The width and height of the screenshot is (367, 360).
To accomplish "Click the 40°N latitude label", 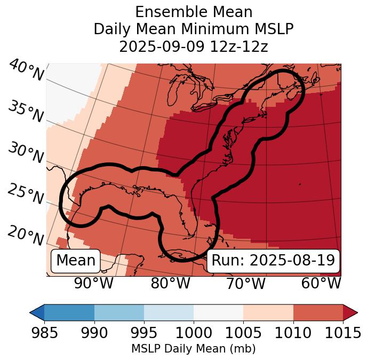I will (x=26, y=71).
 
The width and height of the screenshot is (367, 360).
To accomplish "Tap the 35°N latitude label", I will (x=25, y=112).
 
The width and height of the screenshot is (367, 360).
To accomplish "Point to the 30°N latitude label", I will (x=25, y=153).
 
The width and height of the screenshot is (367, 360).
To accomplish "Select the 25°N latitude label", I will (x=25, y=194).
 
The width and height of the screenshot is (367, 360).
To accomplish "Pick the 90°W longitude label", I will (x=93, y=283).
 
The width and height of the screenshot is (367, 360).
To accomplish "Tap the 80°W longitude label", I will (x=170, y=283).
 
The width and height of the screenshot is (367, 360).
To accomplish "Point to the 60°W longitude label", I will (x=321, y=283).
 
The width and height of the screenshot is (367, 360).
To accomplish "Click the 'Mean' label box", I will (x=76, y=261).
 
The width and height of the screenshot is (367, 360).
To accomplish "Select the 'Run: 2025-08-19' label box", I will (x=273, y=261).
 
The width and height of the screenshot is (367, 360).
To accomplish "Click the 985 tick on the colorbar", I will (x=44, y=333).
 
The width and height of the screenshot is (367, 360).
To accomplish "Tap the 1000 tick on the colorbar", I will (x=194, y=333).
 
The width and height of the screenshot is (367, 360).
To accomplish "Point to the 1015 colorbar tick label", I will (x=343, y=333).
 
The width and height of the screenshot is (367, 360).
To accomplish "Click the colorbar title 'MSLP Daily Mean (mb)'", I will (x=194, y=349).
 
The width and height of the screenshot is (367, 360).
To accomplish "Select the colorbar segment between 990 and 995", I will (x=119, y=312).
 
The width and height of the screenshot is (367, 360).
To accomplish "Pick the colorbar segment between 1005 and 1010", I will (x=268, y=312).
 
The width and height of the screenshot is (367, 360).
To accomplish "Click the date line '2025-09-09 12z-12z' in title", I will (x=194, y=46).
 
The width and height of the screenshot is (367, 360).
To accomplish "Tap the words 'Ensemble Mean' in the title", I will (x=194, y=12).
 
